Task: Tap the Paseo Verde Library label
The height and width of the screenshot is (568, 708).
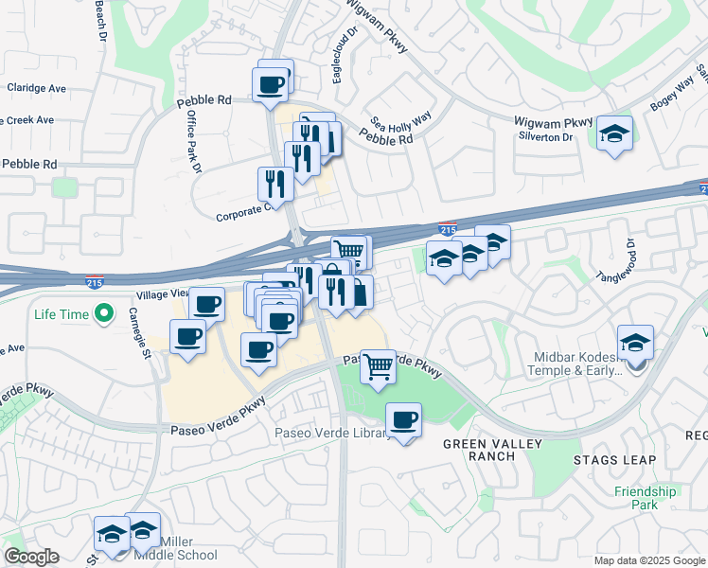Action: [x=332, y=434]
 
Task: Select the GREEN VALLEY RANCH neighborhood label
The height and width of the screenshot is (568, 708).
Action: [x=479, y=450]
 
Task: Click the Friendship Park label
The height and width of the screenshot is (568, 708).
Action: [x=645, y=498]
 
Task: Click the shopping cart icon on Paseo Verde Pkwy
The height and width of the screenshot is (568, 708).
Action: [x=378, y=365]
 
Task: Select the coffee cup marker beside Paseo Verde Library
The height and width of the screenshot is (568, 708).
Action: [x=404, y=419]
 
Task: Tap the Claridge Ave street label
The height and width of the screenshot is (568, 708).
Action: [x=37, y=88]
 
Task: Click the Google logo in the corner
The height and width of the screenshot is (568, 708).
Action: [x=31, y=557]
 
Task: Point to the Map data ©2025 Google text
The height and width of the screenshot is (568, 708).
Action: [x=648, y=560]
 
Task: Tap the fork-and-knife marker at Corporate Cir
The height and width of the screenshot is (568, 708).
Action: [x=275, y=183]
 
